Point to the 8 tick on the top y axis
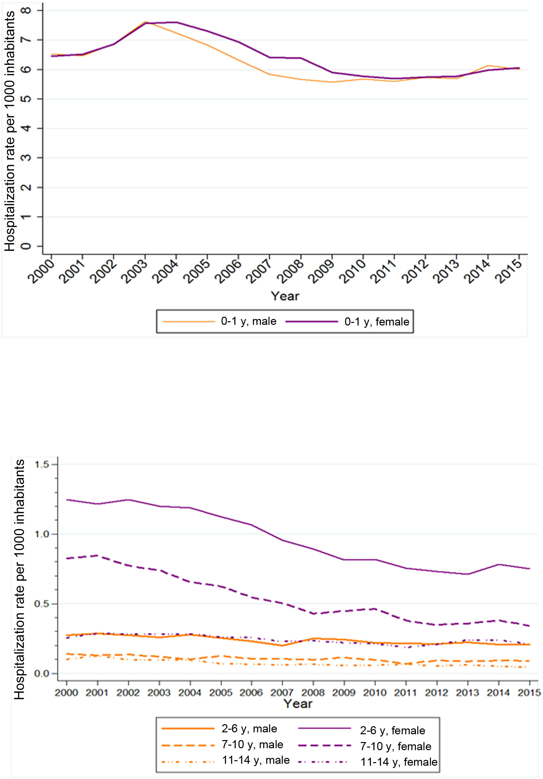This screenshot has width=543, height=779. pyautogui.click(x=27, y=10)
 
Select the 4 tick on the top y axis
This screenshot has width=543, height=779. pyautogui.click(x=27, y=128)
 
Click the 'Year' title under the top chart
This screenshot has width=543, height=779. pyautogui.click(x=285, y=296)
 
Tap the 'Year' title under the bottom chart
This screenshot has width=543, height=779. pyautogui.click(x=298, y=704)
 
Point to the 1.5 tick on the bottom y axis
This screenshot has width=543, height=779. pyautogui.click(x=42, y=465)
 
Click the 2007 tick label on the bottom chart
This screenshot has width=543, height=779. pyautogui.click(x=282, y=692)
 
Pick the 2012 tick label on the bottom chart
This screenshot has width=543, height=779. pyautogui.click(x=436, y=692)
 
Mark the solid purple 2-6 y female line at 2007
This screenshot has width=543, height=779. pyautogui.click(x=282, y=540)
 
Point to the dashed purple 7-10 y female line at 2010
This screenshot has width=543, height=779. pyautogui.click(x=375, y=609)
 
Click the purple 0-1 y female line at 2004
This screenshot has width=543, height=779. pyautogui.click(x=176, y=22)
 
